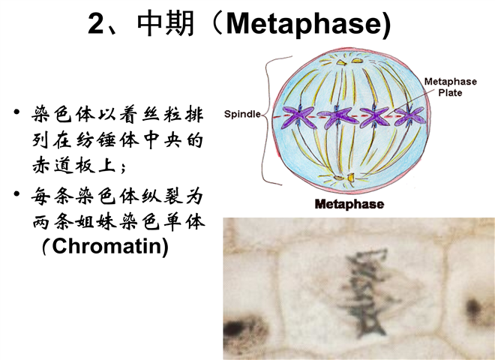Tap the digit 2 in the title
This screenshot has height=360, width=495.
point(96,24)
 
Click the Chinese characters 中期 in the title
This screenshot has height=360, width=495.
point(166,23)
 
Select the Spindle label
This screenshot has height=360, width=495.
point(242,114)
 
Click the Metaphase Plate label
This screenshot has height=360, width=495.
point(451,87)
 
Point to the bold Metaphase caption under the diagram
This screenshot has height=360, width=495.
point(349,204)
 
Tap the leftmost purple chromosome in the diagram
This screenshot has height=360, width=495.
point(298,117)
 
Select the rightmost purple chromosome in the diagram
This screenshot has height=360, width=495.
point(409,116)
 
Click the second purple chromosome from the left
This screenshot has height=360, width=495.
point(337,118)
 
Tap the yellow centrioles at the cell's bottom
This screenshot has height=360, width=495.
point(344,178)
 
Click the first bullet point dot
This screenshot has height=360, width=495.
point(16,112)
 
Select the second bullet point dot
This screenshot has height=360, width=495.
point(16,193)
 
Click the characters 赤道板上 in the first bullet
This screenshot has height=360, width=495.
point(74,165)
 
